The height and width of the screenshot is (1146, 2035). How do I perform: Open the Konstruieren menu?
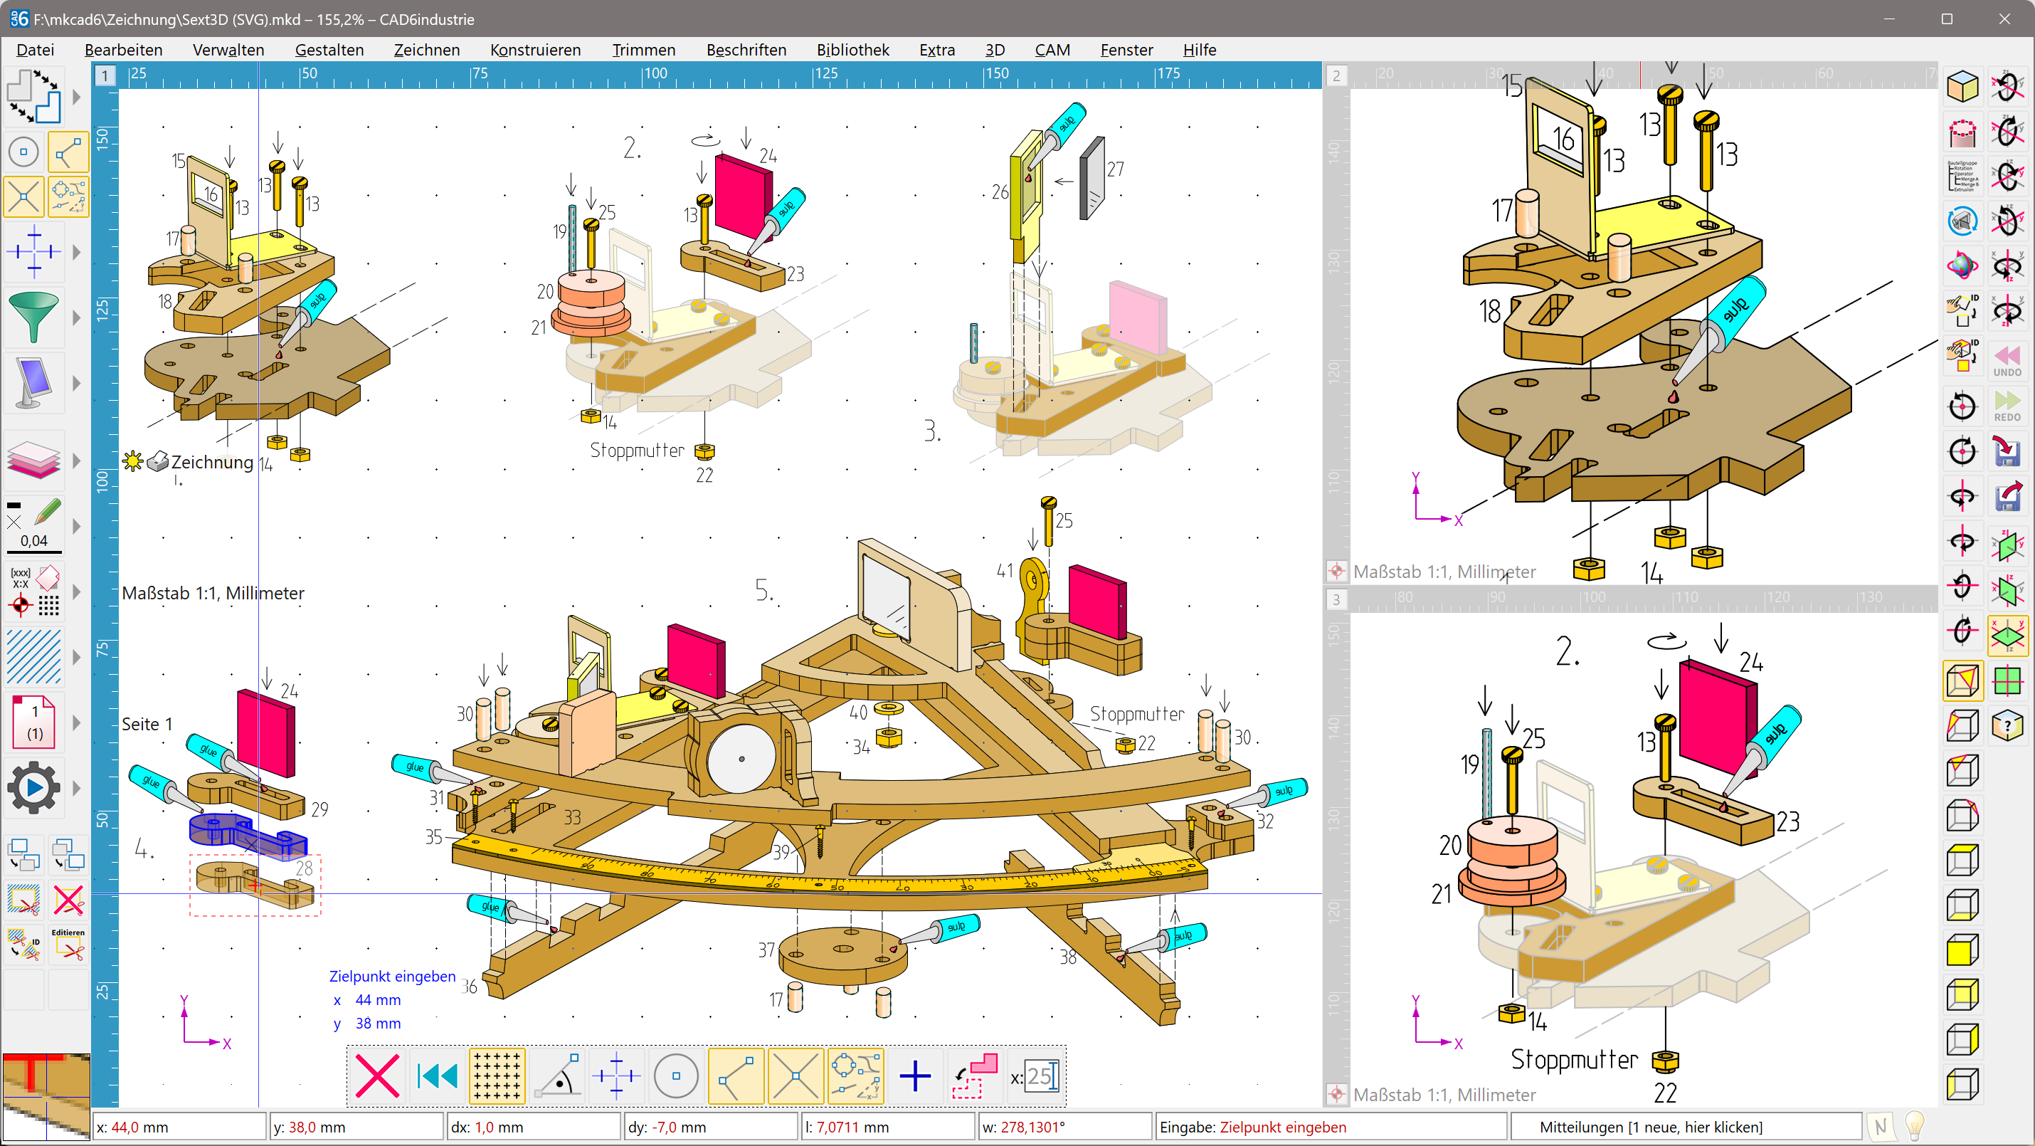(535, 50)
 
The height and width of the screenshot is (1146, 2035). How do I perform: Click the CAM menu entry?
(1052, 50)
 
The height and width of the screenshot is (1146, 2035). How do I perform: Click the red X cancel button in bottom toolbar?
(377, 1076)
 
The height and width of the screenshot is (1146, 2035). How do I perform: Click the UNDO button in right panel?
(2007, 359)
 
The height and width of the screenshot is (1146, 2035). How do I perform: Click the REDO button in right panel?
(2007, 406)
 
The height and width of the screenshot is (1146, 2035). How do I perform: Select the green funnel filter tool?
(33, 316)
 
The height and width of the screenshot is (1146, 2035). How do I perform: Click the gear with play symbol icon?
(33, 787)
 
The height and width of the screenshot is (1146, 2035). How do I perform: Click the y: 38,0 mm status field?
(356, 1127)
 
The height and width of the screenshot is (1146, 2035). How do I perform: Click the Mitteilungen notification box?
(1686, 1127)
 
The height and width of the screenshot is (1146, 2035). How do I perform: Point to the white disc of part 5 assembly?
(740, 759)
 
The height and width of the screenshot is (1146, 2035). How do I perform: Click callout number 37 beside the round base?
(766, 950)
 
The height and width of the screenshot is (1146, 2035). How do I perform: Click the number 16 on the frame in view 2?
(1563, 139)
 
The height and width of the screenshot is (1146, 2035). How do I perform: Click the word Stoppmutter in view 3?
(1574, 1059)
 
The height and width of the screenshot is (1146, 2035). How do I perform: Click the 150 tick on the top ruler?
(997, 73)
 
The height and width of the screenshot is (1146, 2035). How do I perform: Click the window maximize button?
(1947, 19)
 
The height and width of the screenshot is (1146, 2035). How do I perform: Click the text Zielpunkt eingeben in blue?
(392, 976)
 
